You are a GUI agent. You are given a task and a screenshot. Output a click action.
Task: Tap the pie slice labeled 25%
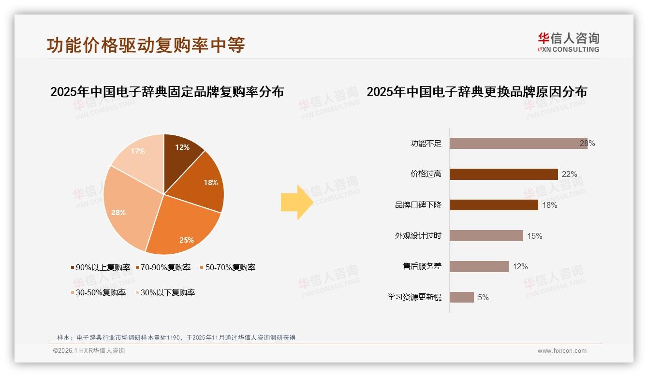click(184, 232)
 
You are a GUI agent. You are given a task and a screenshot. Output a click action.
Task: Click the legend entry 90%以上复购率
click(100, 267)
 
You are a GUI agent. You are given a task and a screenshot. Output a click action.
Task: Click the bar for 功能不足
click(518, 143)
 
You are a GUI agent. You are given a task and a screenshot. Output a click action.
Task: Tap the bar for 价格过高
click(503, 174)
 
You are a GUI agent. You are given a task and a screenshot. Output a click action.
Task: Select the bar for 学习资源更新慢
click(461, 297)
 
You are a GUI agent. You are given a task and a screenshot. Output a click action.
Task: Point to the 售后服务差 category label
click(422, 266)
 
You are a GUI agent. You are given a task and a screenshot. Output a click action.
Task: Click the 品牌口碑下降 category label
click(418, 205)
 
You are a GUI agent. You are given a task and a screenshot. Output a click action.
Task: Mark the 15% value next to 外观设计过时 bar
click(535, 236)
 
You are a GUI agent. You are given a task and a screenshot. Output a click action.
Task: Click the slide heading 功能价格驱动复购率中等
click(146, 45)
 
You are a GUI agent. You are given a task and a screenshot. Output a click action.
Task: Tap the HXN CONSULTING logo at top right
click(568, 43)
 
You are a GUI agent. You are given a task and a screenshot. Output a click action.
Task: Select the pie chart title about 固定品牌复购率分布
click(167, 92)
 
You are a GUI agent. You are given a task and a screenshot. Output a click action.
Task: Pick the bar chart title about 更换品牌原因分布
click(476, 92)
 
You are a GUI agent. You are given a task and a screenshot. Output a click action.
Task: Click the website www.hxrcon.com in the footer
click(562, 351)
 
